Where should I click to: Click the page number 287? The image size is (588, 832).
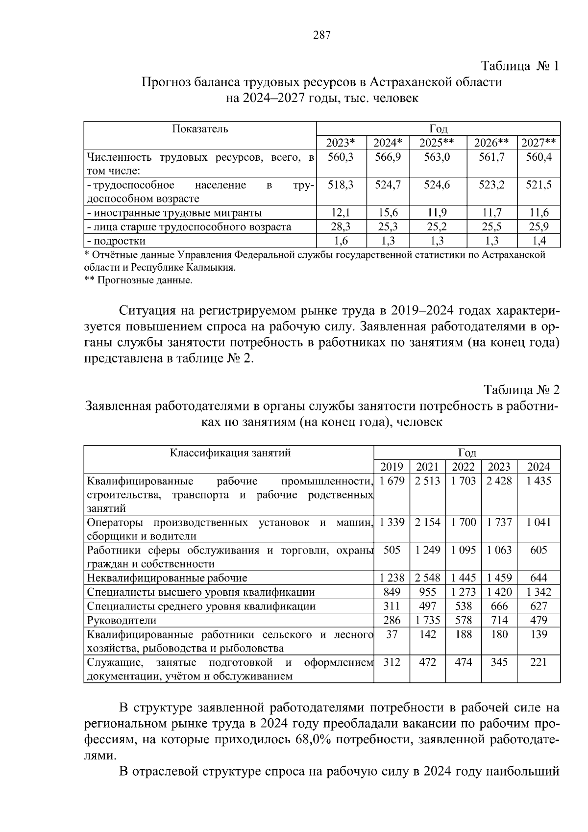coord(322,35)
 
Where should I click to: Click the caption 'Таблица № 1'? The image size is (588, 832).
coord(520,66)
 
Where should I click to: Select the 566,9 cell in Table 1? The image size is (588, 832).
coord(388,157)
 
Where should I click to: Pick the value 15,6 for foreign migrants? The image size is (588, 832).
coord(388,213)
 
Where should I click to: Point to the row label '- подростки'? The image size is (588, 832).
coord(116,241)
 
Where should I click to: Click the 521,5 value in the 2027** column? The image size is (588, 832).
coord(539,185)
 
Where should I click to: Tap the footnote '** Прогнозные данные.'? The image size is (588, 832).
coord(139,280)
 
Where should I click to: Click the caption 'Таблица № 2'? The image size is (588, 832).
coord(521,390)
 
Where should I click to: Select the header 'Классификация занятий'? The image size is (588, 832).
coord(230,453)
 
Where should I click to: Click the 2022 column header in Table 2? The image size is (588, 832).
coord(463,467)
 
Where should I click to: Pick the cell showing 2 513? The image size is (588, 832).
coord(427,481)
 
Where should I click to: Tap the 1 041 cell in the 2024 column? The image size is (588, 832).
coord(539,522)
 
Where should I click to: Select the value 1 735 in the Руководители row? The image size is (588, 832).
coord(427,620)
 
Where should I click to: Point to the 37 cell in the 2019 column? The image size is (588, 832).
coord(392,634)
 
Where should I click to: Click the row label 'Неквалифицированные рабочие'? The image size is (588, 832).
coord(167,578)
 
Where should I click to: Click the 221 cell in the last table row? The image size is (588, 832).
coord(539,662)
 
